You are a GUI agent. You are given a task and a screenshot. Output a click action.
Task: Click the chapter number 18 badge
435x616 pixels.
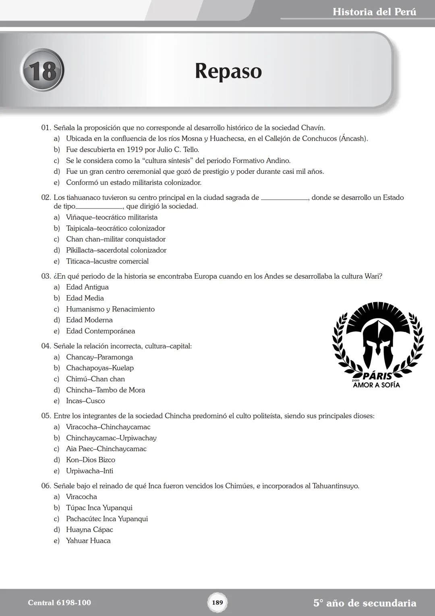[42, 70]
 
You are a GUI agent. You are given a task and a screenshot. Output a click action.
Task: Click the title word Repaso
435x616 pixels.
[228, 71]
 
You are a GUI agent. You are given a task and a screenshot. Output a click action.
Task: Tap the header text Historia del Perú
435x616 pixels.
[374, 12]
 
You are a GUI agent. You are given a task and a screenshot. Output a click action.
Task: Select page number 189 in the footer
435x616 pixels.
[217, 602]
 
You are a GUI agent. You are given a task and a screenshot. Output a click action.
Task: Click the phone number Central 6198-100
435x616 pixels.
[59, 603]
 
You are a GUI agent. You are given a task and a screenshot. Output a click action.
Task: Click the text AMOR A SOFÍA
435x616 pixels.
[376, 385]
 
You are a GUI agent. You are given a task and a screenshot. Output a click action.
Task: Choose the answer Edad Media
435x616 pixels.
[85, 298]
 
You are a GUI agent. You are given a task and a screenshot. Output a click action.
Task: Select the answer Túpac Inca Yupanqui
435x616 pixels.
[99, 508]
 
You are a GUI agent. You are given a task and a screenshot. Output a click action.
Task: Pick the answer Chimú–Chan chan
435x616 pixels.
[95, 379]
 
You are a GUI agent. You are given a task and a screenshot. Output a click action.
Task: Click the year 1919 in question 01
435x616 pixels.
[135, 150]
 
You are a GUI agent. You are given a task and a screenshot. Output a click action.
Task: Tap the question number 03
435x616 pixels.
[46, 276]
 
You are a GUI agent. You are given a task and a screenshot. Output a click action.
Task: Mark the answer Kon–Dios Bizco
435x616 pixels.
[90, 460]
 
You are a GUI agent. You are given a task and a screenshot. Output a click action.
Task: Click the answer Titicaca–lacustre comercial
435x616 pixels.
[107, 261]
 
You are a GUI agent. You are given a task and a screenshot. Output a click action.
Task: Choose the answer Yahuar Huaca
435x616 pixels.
[88, 541]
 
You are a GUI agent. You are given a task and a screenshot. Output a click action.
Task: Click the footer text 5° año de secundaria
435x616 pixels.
[365, 603]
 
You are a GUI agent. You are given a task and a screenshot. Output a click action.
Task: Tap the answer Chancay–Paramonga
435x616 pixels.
[99, 357]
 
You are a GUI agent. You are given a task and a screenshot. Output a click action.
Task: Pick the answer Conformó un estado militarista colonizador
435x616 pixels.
[133, 183]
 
